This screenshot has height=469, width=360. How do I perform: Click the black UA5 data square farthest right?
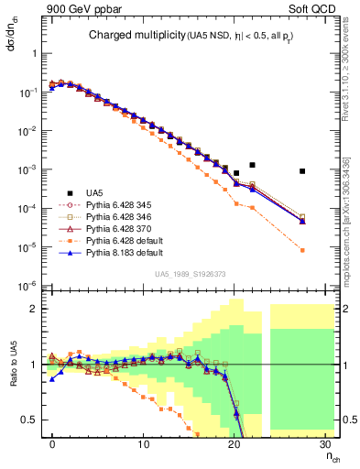coord(327,171)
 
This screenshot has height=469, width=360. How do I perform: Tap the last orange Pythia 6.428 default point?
coord(327,250)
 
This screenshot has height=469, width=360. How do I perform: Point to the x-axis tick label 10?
coord(143,444)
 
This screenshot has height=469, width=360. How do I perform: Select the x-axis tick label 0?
coord(53,444)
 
